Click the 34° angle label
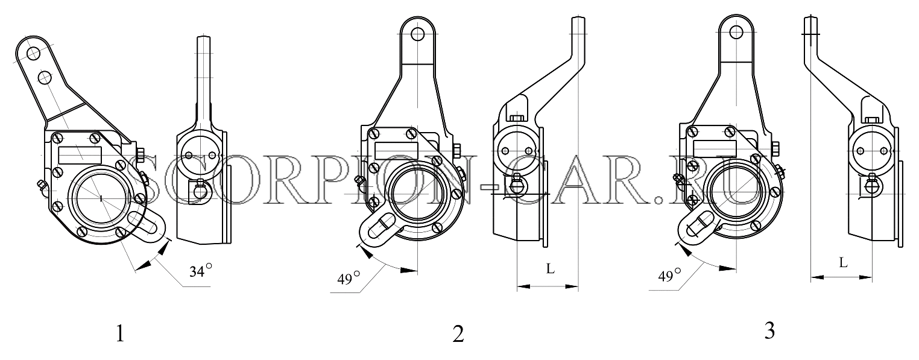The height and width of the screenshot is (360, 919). pos(201,271)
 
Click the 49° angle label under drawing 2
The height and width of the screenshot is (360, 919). pos(349,279)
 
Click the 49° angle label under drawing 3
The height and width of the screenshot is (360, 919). pos(669,276)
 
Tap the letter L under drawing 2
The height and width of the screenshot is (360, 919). pos(550,268)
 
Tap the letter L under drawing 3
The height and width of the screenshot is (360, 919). pos(842,262)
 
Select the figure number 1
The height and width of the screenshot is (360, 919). pos(120,333)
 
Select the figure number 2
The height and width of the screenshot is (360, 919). pos(458,334)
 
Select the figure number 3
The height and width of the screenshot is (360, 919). pos(769,331)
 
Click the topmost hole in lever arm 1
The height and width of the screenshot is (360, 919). pos(33,53)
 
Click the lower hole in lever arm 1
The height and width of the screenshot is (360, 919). pos(45,77)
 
